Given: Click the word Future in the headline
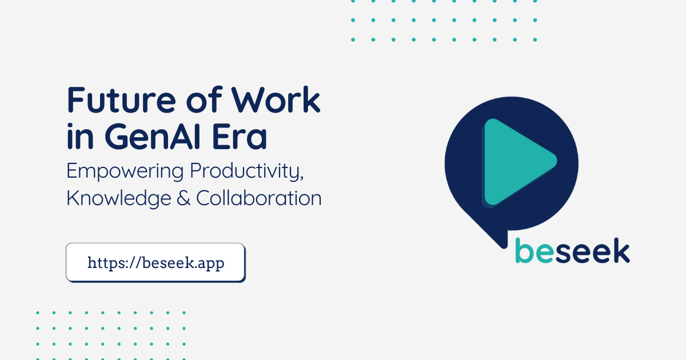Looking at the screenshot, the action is pos(121,100).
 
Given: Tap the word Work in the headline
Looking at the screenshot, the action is pos(276,100).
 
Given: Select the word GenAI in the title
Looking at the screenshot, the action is pos(153,136).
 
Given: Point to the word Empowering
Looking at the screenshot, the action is pos(125,171).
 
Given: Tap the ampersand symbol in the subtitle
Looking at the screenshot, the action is pos(184,198).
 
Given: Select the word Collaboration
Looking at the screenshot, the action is pos(259,198).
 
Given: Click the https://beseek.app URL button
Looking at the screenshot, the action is pos(155,263).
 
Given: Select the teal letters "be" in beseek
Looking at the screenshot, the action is pos(535,250).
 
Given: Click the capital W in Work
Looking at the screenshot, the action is pos(249,100).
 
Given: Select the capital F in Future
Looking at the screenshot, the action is pos(76,100).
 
